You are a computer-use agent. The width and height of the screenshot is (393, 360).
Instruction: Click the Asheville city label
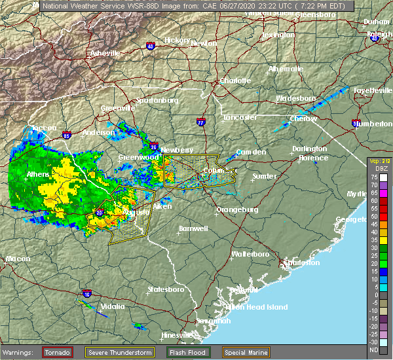pyautogui.click(x=105, y=52)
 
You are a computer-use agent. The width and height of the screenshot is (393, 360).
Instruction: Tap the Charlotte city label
pyautogui.click(x=234, y=81)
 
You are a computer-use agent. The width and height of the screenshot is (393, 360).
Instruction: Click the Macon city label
pyautogui.click(x=18, y=259)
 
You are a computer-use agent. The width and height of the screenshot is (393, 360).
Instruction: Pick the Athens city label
pyautogui.click(x=38, y=175)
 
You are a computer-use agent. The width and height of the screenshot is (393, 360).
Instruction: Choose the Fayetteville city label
pyautogui.click(x=371, y=90)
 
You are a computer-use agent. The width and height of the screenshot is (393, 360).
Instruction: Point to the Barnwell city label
pyautogui.click(x=193, y=228)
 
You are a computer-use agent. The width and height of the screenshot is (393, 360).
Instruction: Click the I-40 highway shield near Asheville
pyautogui.click(x=150, y=46)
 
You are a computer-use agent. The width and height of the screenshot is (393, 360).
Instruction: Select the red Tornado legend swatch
pyautogui.click(x=58, y=352)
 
